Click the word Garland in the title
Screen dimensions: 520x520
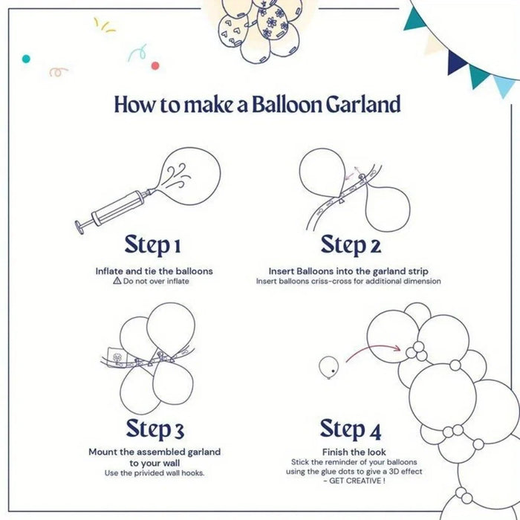[x=363, y=104]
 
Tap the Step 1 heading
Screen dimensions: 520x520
[x=153, y=244]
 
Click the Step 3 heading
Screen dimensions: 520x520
[x=155, y=429]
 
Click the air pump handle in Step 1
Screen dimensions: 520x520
[x=81, y=224]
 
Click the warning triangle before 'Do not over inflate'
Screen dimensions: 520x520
[x=117, y=282]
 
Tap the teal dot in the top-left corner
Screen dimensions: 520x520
[x=26, y=58]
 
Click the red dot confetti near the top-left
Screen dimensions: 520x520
[x=155, y=65]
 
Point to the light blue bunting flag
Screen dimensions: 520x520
[x=504, y=85]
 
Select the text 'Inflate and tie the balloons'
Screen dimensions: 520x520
[x=154, y=271]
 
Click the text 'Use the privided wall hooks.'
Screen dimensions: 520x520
[x=155, y=473]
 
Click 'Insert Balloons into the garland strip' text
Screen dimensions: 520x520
[x=348, y=271]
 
